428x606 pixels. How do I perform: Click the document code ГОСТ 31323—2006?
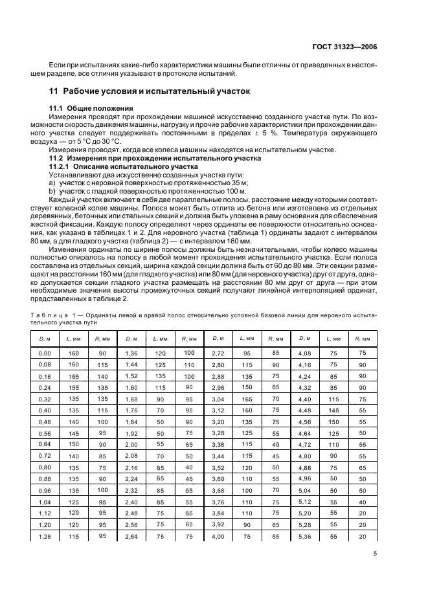(354, 47)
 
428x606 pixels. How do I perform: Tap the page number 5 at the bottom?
(376, 553)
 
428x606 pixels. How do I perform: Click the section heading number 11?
(55, 91)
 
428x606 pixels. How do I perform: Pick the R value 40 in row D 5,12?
(362, 502)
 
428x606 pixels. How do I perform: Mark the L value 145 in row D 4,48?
(333, 410)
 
